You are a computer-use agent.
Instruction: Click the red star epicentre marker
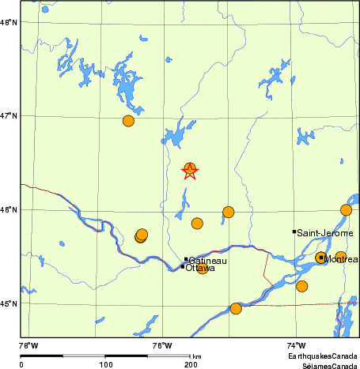190,171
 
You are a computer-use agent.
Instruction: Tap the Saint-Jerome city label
320,232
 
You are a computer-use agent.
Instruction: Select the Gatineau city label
208,261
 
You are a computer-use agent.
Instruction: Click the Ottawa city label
201,268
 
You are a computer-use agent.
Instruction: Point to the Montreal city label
341,259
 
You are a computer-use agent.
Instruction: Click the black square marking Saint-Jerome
294,232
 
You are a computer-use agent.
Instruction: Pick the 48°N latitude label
9,22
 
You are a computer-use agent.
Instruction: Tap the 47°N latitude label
9,116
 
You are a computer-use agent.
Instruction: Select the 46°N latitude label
9,210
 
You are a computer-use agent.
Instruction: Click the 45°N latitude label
9,304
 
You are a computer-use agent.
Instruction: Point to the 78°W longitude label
28,345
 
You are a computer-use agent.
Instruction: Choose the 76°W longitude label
162,345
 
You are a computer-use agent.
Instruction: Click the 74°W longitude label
296,345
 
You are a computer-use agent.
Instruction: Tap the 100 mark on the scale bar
105,365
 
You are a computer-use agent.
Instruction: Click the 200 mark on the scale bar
191,365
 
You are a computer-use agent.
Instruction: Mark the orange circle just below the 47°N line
128,121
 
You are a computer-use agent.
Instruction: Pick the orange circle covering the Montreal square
321,258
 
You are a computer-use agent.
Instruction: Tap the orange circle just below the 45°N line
236,308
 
